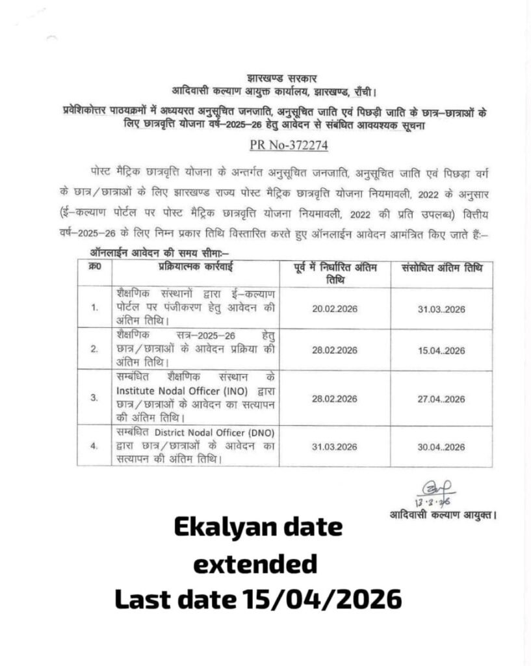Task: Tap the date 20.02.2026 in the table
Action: pos(335,308)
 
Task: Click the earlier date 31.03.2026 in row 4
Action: pos(335,447)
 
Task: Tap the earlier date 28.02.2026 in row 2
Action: pos(335,351)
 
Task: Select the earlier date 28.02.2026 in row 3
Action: pos(335,398)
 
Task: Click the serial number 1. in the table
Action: pos(95,308)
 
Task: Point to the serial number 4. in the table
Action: pos(95,447)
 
